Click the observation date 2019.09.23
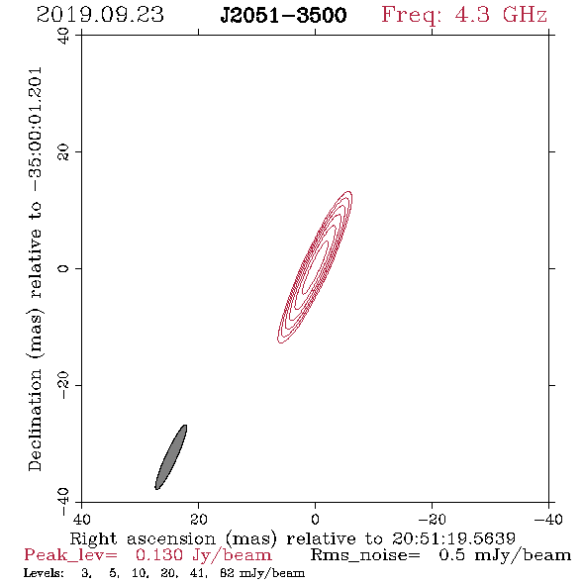point(100,15)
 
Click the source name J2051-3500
point(284,16)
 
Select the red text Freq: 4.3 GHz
point(464,16)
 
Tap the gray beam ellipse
point(171,457)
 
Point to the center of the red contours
point(315,267)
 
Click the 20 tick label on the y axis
point(63,152)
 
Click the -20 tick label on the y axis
point(63,385)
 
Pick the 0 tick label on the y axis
point(63,268)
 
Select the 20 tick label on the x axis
point(199,520)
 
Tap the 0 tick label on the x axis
point(316,520)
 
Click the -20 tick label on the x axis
point(432,520)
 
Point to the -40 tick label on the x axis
point(548,520)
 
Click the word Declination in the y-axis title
point(35,421)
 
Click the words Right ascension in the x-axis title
point(143,538)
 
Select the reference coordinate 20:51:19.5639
point(453,538)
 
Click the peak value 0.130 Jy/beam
point(204,555)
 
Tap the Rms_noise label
point(365,555)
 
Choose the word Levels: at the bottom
point(44,573)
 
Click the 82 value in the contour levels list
point(227,573)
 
